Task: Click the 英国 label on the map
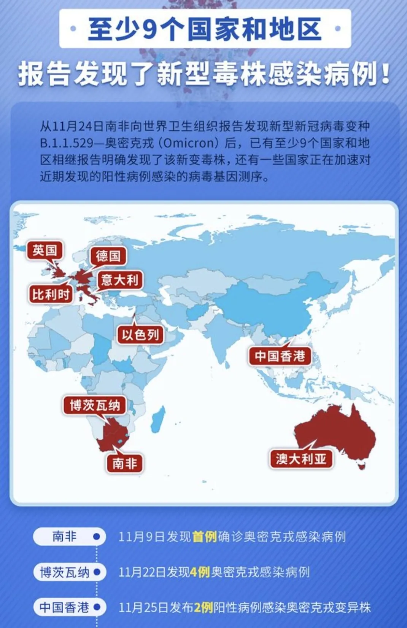pyautogui.click(x=45, y=251)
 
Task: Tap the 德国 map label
pyautogui.click(x=108, y=256)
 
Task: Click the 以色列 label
pyautogui.click(x=140, y=335)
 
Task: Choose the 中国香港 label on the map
pyautogui.click(x=280, y=356)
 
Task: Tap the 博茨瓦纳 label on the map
pyautogui.click(x=95, y=405)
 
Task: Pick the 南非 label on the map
pyautogui.click(x=124, y=463)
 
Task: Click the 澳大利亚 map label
pyautogui.click(x=301, y=459)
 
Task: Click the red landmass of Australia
pyautogui.click(x=335, y=430)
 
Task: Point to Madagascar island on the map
pyautogui.click(x=159, y=419)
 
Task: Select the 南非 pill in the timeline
pyautogui.click(x=65, y=537)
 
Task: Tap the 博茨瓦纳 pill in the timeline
pyautogui.click(x=65, y=572)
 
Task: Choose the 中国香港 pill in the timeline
pyautogui.click(x=65, y=607)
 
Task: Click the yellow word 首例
pyautogui.click(x=205, y=537)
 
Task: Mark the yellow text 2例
pyautogui.click(x=203, y=607)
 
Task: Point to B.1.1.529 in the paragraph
pyautogui.click(x=67, y=143)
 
